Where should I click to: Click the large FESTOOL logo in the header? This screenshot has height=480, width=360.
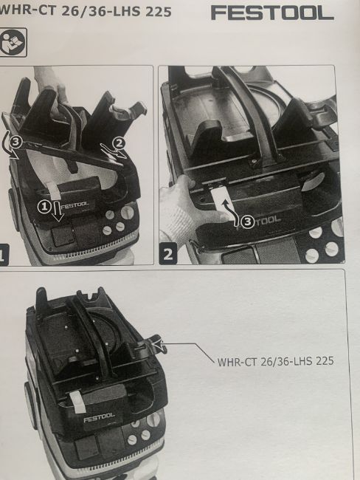[x=272, y=13]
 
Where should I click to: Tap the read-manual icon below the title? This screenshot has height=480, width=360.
[x=13, y=42]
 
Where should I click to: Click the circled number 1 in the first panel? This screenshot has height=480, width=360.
[x=44, y=207]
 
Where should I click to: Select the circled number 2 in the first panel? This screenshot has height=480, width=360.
[x=120, y=143]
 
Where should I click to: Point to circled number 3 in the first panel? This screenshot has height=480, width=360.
[x=16, y=142]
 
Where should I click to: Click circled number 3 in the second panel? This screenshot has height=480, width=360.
[x=247, y=222]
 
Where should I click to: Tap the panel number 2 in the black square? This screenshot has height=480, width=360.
[x=168, y=253]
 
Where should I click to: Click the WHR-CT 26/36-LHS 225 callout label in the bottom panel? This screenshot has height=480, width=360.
[x=275, y=361]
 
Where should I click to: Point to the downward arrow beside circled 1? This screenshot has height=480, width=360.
[x=58, y=211]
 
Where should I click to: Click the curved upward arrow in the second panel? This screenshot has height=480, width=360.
[x=232, y=212]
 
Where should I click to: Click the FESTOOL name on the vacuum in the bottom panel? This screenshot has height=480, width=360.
[x=100, y=417]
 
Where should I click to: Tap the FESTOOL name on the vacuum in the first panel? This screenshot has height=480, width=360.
[x=75, y=205]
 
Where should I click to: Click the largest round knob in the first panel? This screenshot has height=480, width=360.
[x=127, y=212]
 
